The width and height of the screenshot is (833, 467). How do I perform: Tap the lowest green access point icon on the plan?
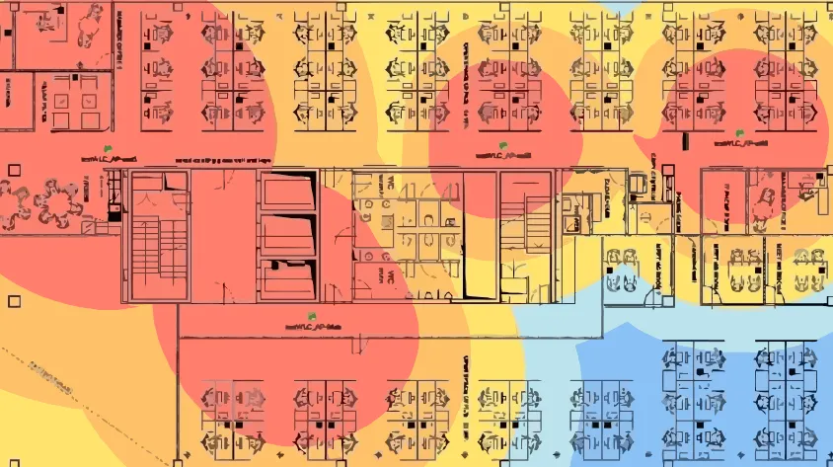pyautogui.click(x=311, y=317)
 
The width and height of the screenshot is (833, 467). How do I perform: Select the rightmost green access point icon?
pyautogui.click(x=738, y=133)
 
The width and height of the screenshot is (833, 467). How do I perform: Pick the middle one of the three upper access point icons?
pyautogui.click(x=503, y=148)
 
